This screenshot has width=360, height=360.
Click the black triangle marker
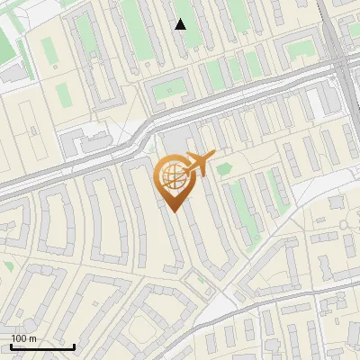tap(181, 24)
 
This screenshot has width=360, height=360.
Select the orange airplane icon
tap(201, 164)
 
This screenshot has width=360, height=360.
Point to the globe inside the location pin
tap(172, 175)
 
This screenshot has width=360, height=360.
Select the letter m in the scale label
tap(32, 338)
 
